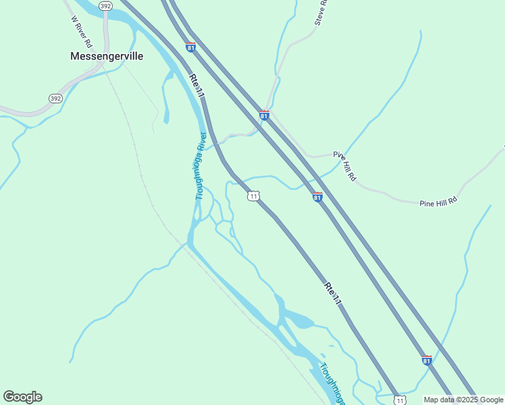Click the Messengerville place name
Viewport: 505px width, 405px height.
tap(107, 57)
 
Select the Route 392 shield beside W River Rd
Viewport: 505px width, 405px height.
tap(105, 6)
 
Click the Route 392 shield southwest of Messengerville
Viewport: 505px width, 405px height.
tap(56, 99)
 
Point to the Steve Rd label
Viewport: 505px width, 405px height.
tap(321, 12)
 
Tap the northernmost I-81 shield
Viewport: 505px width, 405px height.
tap(191, 47)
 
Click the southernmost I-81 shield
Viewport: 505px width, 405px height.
tap(427, 360)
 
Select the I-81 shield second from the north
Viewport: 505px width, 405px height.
tap(264, 115)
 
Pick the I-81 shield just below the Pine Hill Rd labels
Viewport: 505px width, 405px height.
tap(317, 196)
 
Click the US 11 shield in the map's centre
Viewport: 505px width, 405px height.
tap(253, 196)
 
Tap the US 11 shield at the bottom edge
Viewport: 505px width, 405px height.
tap(400, 400)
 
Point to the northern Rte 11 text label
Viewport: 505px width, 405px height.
tap(197, 86)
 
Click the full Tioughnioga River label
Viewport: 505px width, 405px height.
tap(201, 165)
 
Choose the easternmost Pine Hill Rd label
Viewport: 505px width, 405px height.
tap(438, 201)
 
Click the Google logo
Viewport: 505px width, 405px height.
tap(22, 397)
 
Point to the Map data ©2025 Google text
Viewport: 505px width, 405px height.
tap(464, 400)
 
